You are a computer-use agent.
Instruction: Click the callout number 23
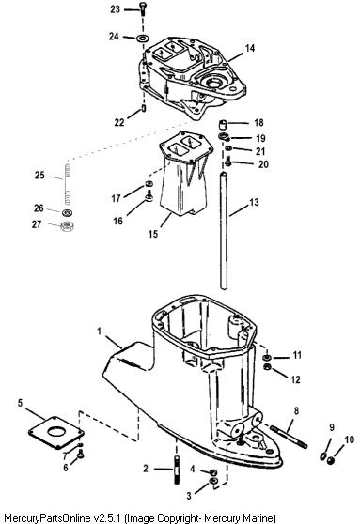[x=115, y=9]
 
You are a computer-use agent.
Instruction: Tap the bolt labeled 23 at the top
[x=144, y=8]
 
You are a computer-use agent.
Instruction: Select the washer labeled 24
[x=143, y=38]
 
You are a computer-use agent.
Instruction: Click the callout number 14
[x=250, y=48]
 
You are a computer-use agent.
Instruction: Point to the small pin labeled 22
[x=144, y=109]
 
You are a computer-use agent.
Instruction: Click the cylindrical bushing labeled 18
[x=223, y=124]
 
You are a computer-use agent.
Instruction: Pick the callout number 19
[x=260, y=138]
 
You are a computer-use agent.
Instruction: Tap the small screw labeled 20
[x=228, y=162]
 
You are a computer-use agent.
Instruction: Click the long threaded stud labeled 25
[x=68, y=184]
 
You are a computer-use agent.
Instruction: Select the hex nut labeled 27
[x=68, y=227]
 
